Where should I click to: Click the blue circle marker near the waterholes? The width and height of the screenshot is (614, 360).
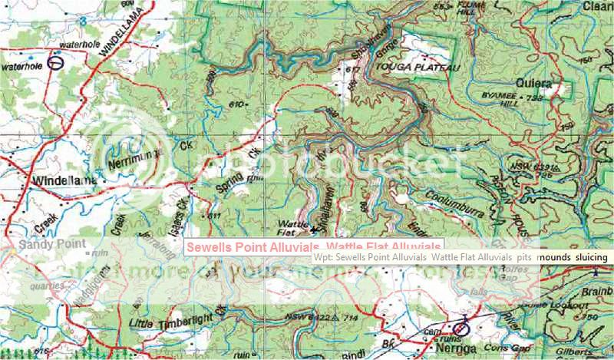click(54, 63)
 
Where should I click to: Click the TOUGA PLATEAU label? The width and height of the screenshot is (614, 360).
click(417, 69)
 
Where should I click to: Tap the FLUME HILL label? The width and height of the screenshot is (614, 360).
click(470, 9)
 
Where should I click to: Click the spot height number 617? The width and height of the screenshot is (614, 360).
click(352, 70)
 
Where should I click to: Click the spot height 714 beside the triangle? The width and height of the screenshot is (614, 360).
click(352, 317)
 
